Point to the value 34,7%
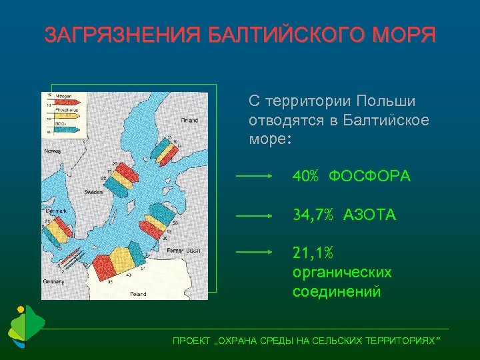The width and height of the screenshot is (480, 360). pyautogui.click(x=314, y=215)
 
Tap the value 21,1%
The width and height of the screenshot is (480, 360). pyautogui.click(x=314, y=253)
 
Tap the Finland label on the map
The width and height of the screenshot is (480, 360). pyautogui.click(x=189, y=121)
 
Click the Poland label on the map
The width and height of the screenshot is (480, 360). pyautogui.click(x=138, y=293)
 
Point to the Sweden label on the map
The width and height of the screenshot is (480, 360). pyautogui.click(x=93, y=192)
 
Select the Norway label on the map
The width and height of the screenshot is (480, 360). pyautogui.click(x=53, y=151)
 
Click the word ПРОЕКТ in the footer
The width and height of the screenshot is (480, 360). pyautogui.click(x=190, y=341)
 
